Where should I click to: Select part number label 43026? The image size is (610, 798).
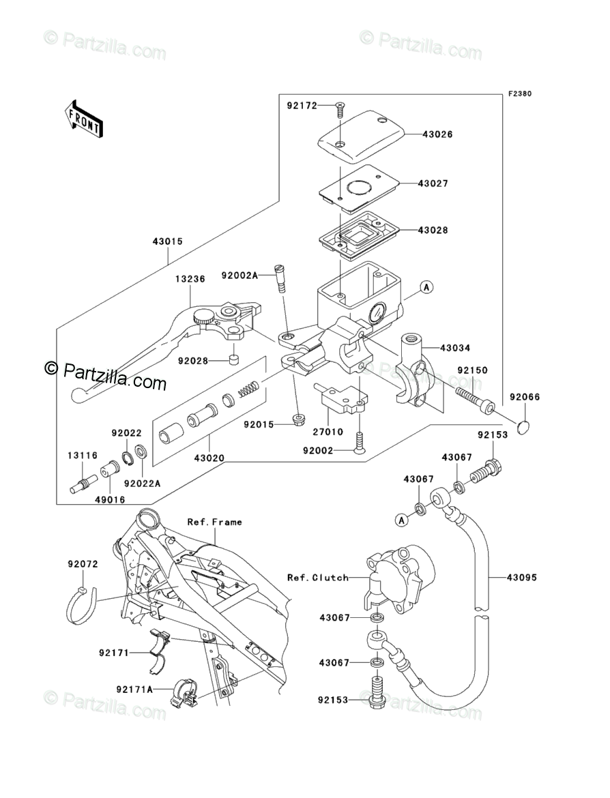pos(435,134)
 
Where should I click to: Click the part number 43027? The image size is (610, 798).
pos(435,183)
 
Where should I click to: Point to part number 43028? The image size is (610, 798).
pos(435,231)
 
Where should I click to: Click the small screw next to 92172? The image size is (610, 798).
pos(340,106)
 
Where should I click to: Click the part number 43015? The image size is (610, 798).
pos(168,241)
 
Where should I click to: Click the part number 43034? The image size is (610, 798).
pos(455,348)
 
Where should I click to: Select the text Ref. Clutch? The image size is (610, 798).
pos(318,578)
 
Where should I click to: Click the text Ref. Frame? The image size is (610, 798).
pos(214,522)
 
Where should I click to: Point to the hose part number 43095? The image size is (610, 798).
pos(522,578)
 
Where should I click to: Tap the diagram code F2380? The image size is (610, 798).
pos(518,94)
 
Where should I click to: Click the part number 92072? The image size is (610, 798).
pos(83,564)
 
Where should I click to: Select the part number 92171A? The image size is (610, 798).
pos(134,690)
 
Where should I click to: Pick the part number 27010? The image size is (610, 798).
pos(327,432)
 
